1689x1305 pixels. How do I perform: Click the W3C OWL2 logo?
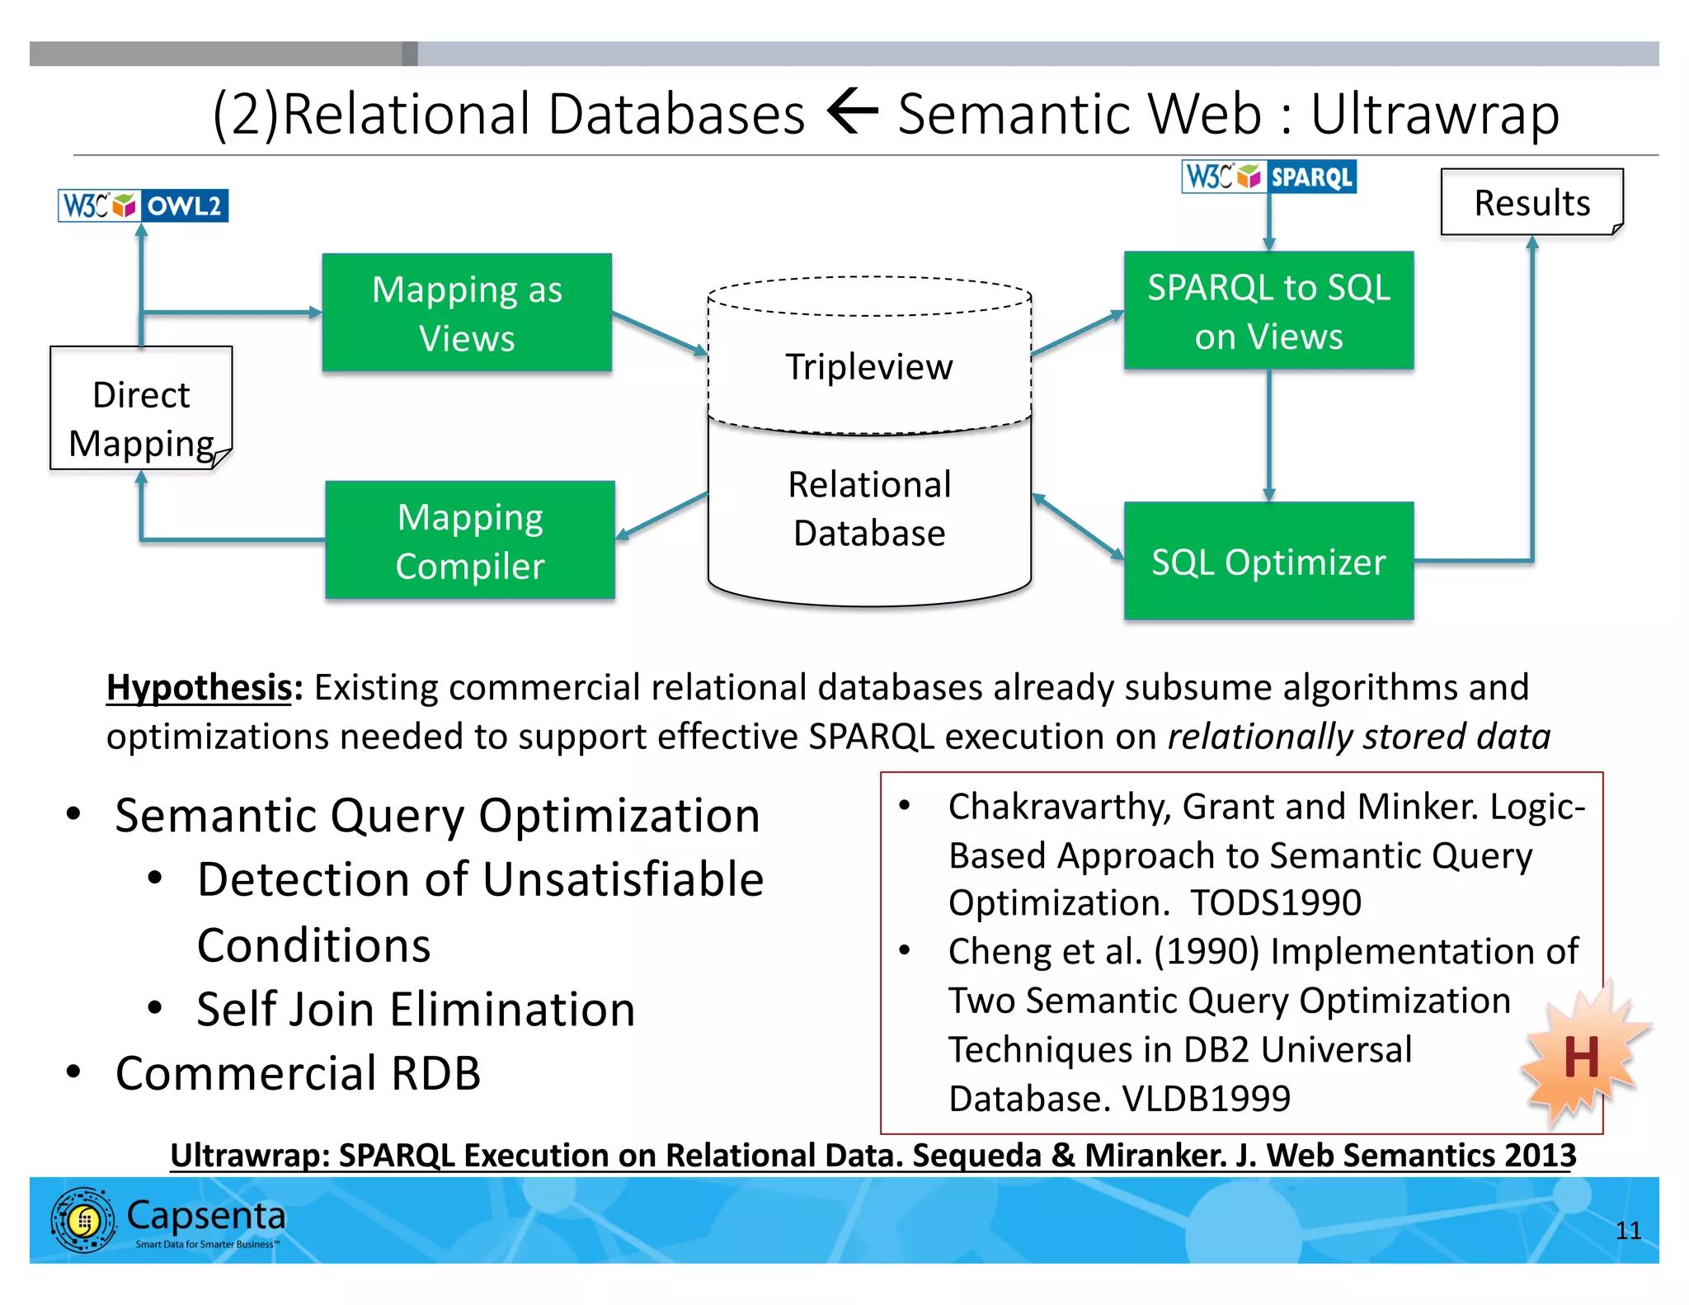pos(143,205)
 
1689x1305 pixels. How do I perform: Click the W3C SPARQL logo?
pos(1268,177)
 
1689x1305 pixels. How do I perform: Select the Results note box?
pos(1531,203)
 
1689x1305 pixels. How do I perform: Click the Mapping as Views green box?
pos(467,313)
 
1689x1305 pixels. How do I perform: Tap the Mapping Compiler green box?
pos(470,540)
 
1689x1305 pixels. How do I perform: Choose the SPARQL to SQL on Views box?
pos(1268,311)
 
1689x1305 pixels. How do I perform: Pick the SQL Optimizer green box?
pos(1268,562)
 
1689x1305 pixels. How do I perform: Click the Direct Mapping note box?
pos(141,409)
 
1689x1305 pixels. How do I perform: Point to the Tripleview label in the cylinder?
pos(868,367)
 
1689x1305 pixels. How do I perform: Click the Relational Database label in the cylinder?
pos(869,508)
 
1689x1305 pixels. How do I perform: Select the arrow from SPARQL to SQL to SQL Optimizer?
pos(1268,435)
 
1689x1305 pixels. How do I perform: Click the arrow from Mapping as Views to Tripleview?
pos(659,334)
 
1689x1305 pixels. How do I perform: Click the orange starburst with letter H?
pos(1581,1057)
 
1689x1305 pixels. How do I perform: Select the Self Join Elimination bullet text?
pos(416,1009)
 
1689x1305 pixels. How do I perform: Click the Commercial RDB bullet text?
pos(298,1073)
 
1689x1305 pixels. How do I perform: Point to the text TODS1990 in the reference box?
pos(1275,902)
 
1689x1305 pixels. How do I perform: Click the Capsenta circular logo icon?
pos(83,1220)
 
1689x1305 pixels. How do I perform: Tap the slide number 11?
pos(1627,1231)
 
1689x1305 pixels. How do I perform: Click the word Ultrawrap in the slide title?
pos(1434,114)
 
